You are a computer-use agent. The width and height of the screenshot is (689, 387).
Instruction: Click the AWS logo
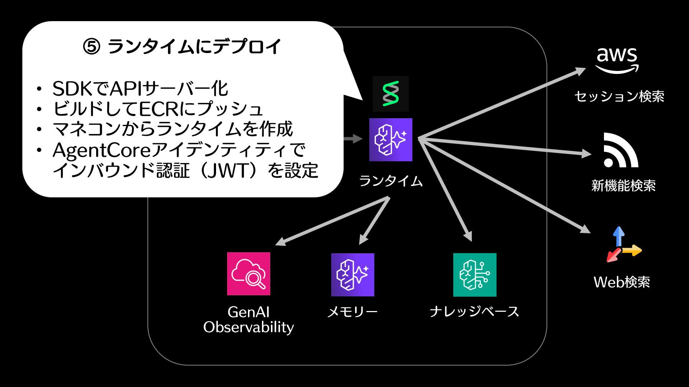tap(617, 60)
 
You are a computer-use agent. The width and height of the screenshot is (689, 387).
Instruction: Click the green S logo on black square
tap(390, 94)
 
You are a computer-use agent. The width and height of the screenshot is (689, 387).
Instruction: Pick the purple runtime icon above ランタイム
tap(391, 140)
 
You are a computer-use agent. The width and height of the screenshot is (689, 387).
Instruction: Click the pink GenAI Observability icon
tap(249, 274)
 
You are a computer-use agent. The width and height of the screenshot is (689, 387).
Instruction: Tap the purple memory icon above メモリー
tap(352, 275)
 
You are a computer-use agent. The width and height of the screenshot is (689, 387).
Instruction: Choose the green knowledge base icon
tap(475, 275)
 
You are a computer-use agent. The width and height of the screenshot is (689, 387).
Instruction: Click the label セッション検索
tap(619, 96)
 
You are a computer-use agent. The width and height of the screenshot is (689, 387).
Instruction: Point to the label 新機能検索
tap(623, 186)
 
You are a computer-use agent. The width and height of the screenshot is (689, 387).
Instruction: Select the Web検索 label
tap(622, 282)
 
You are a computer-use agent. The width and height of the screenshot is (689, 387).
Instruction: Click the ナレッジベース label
tap(474, 311)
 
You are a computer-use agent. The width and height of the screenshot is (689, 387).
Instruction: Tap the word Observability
tap(248, 327)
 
